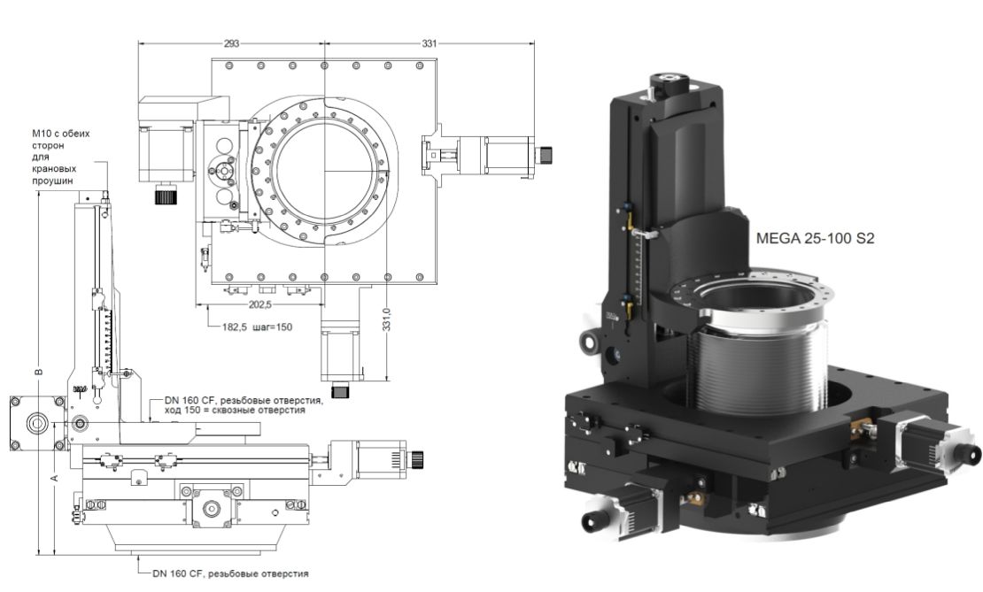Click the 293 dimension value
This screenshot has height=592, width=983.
pos(231,43)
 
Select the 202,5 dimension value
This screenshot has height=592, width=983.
pos(260,304)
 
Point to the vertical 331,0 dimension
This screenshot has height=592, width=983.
pos(387,319)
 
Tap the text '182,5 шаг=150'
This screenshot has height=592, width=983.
pos(257,327)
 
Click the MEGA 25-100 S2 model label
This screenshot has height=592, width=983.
pos(815,238)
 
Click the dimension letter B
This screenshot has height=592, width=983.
pos(38,372)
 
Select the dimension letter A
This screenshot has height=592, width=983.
pos(55,478)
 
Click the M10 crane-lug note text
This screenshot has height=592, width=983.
pos(61,157)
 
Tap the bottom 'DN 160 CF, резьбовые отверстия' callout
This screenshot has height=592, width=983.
pos(230,573)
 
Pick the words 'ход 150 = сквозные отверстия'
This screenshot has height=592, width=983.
pos(235,411)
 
